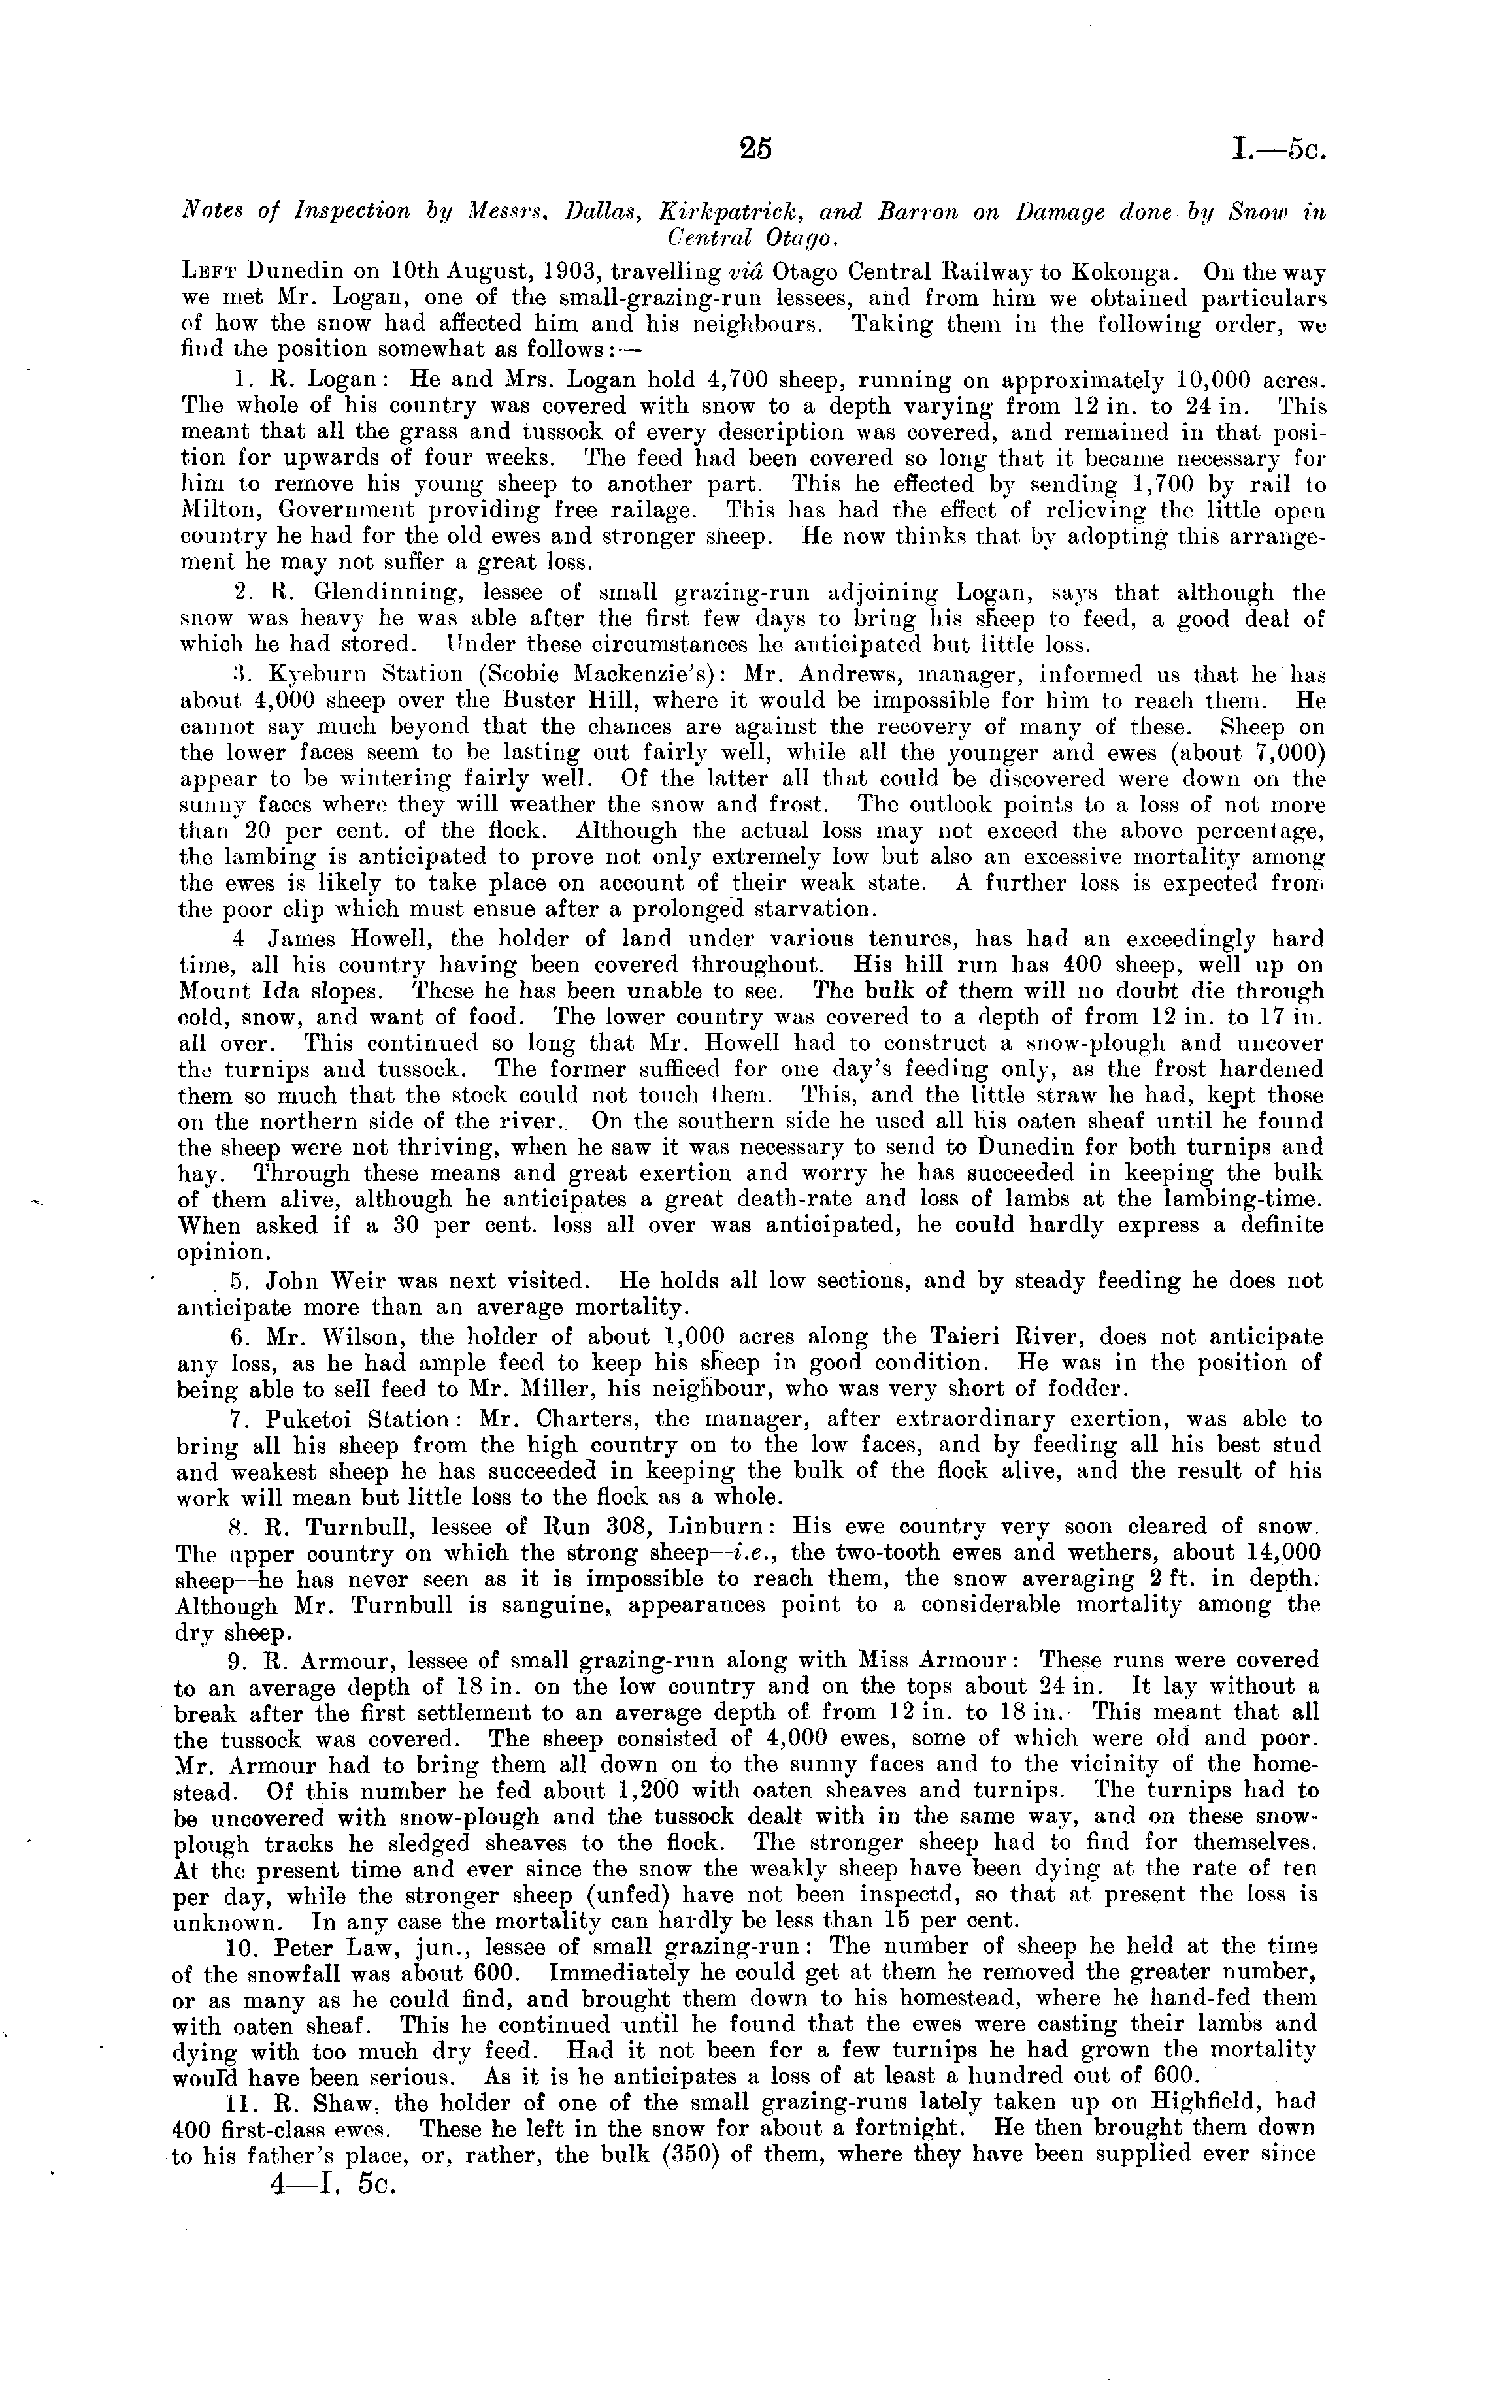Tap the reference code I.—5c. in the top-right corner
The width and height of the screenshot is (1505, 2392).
coord(1276,150)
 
